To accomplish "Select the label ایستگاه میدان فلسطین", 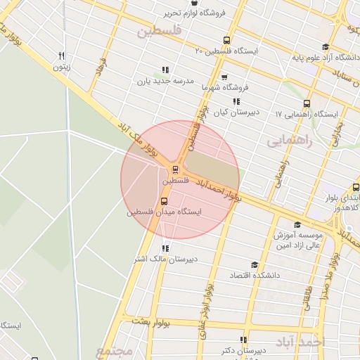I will pyautogui.click(x=165, y=212).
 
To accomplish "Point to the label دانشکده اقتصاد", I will pyautogui.click(x=255, y=275).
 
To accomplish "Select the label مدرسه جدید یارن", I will pyautogui.click(x=165, y=81).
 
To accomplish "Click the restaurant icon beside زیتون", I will pyautogui.click(x=62, y=56).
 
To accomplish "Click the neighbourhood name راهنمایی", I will pyautogui.click(x=288, y=141).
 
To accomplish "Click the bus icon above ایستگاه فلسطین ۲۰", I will pyautogui.click(x=226, y=40).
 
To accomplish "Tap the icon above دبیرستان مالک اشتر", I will pyautogui.click(x=166, y=247).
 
